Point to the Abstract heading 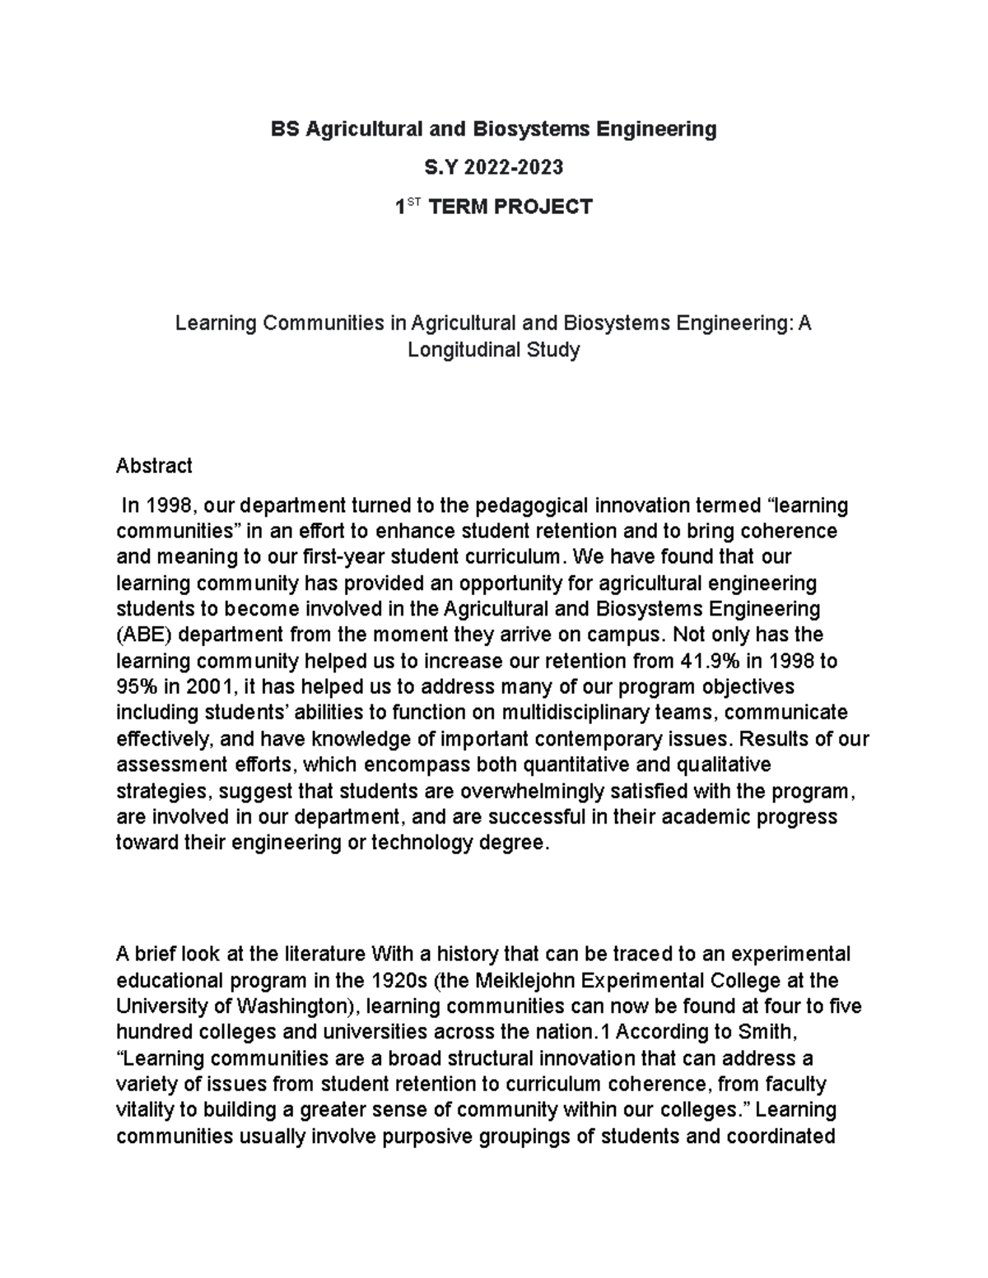154,466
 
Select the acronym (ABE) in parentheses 144,634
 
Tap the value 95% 136,686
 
